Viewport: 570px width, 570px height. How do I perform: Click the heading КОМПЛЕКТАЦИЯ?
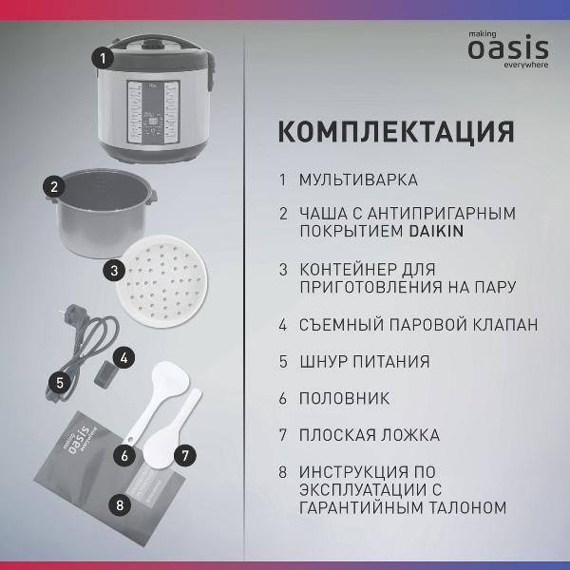[395, 130]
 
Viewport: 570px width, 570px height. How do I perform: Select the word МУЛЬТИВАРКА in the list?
[358, 179]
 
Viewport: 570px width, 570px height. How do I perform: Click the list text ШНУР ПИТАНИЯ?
[364, 362]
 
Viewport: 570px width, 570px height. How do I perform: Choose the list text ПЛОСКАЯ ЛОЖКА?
[370, 435]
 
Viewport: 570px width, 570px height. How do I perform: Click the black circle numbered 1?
[104, 58]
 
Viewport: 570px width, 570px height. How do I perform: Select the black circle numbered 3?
[114, 271]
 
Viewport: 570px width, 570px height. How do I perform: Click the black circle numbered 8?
[119, 504]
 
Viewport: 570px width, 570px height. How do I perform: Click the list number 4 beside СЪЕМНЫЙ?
[283, 325]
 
